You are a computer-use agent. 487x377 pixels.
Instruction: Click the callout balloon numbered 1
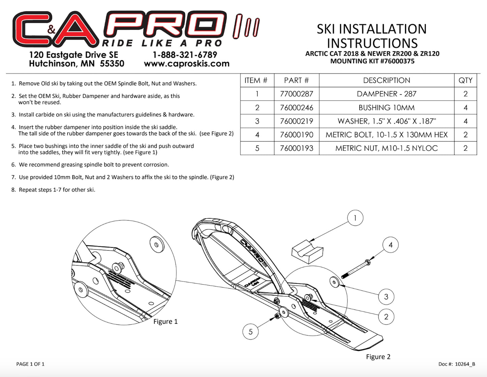point(355,218)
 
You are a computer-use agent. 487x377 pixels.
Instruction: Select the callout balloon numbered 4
point(391,245)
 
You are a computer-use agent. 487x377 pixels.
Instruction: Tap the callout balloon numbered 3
point(386,297)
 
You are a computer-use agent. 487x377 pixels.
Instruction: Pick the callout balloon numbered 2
point(386,317)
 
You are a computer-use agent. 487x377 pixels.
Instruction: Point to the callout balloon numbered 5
point(250,332)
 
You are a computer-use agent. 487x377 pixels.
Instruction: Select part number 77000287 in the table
point(297,94)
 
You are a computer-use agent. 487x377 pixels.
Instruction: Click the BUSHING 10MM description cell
point(387,108)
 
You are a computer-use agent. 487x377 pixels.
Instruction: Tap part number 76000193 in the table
point(297,148)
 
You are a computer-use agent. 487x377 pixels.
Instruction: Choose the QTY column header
point(465,80)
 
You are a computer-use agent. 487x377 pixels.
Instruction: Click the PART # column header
point(297,80)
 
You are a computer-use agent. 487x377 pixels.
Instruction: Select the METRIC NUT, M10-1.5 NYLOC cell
point(387,148)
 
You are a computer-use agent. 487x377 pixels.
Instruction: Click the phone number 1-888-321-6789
point(185,55)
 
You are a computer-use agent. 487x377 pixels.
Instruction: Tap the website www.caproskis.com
point(187,64)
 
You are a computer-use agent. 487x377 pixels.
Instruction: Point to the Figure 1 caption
point(165,321)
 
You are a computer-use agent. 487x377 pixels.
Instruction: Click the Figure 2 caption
point(378,357)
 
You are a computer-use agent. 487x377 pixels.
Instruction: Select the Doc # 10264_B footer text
point(457,364)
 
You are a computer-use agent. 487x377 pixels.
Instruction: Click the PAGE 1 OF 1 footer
point(30,364)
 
